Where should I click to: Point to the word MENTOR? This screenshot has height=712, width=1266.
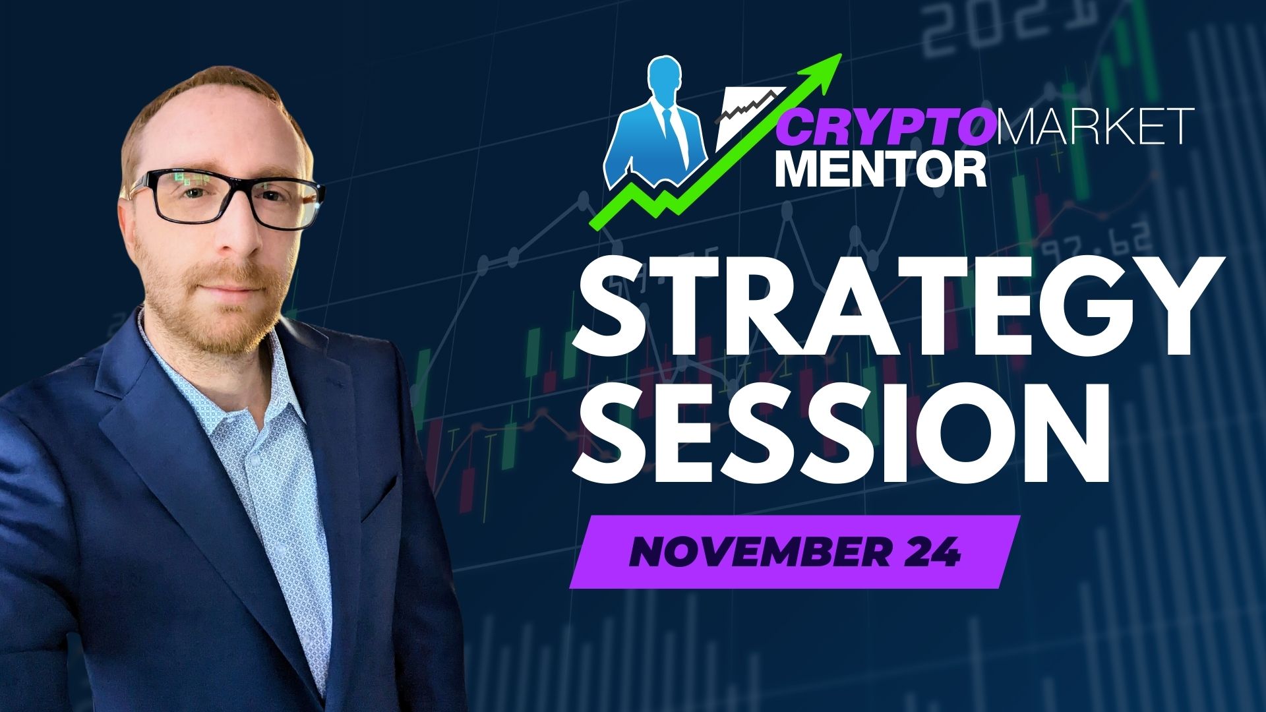pyautogui.click(x=880, y=169)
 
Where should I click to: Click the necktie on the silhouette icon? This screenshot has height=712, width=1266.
pyautogui.click(x=671, y=129)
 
